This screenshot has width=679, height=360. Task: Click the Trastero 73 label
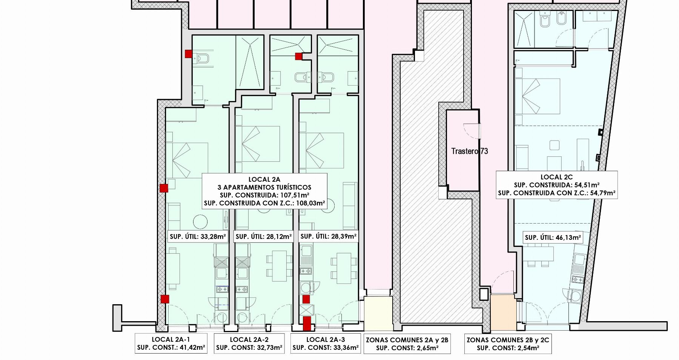(470, 151)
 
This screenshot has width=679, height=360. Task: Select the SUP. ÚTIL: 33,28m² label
(198, 237)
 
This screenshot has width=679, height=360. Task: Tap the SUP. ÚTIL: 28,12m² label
(264, 237)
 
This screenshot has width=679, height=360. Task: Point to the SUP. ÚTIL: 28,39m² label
(329, 236)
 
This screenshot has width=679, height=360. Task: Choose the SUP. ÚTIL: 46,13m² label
(553, 237)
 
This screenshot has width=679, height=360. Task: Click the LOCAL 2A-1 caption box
(171, 343)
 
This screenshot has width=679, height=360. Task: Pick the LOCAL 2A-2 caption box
(249, 343)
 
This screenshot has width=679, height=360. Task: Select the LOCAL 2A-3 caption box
(326, 343)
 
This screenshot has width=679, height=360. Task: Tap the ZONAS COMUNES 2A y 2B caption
(407, 344)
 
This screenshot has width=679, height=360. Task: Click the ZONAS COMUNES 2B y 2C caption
(508, 344)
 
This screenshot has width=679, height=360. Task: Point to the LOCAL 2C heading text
(557, 177)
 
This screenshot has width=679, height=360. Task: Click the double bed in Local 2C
(537, 96)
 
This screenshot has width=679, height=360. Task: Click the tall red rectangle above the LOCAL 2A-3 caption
(307, 323)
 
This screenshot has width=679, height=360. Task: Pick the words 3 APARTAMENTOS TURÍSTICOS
(264, 187)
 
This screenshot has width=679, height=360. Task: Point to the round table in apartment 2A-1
(200, 221)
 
